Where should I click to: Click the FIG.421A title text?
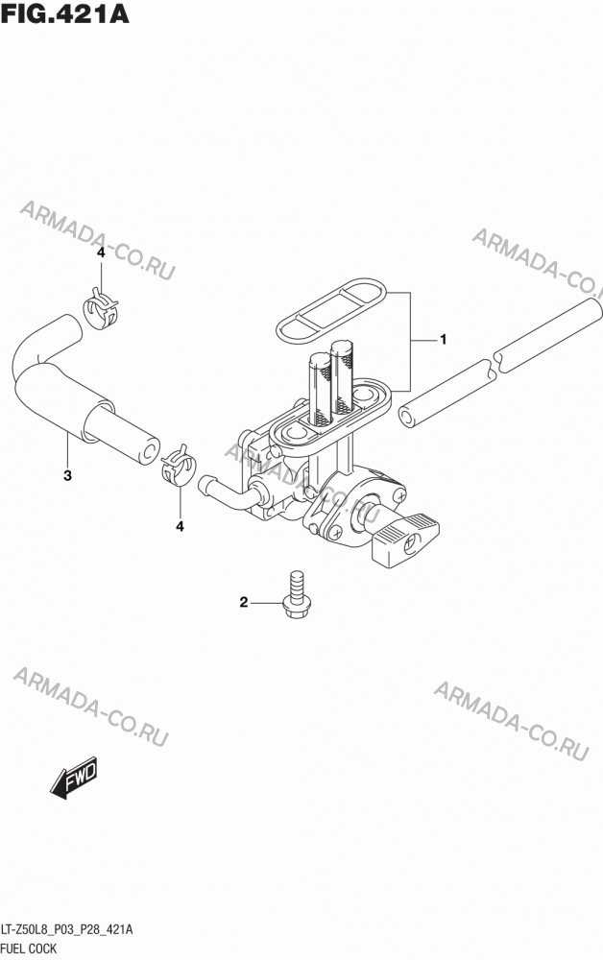point(65,13)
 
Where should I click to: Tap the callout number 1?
point(444,339)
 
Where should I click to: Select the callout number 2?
point(243,603)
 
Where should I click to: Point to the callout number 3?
point(67,475)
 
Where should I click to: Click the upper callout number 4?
point(101,252)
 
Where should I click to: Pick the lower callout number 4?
point(180,526)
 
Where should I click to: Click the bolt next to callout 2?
point(295,594)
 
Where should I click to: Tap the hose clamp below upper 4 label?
point(100,308)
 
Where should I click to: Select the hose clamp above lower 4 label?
point(179,466)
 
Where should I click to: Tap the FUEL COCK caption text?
point(30,948)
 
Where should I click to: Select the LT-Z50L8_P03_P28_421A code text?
point(67,930)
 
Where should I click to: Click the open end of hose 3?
point(148,450)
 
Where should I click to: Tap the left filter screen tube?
point(320,389)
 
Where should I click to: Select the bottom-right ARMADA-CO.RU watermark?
point(511,721)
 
